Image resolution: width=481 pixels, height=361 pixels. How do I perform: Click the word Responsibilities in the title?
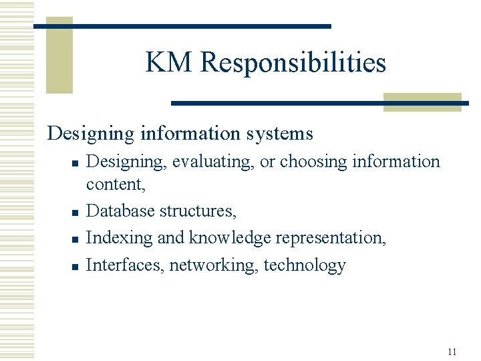coord(293,63)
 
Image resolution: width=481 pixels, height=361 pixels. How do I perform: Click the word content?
coord(115,184)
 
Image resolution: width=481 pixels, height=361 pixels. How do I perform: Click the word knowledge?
coord(228,237)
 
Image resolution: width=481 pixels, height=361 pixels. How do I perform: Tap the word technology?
coord(305,265)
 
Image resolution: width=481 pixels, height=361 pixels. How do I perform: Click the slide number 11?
coord(452,352)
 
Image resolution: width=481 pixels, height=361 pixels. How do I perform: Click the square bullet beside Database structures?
coord(75,213)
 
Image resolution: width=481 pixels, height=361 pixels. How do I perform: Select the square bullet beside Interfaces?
coord(75,267)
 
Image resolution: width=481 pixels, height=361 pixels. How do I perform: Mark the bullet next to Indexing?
coord(75,239)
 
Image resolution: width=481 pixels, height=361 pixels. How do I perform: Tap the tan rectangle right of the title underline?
coord(422,102)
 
